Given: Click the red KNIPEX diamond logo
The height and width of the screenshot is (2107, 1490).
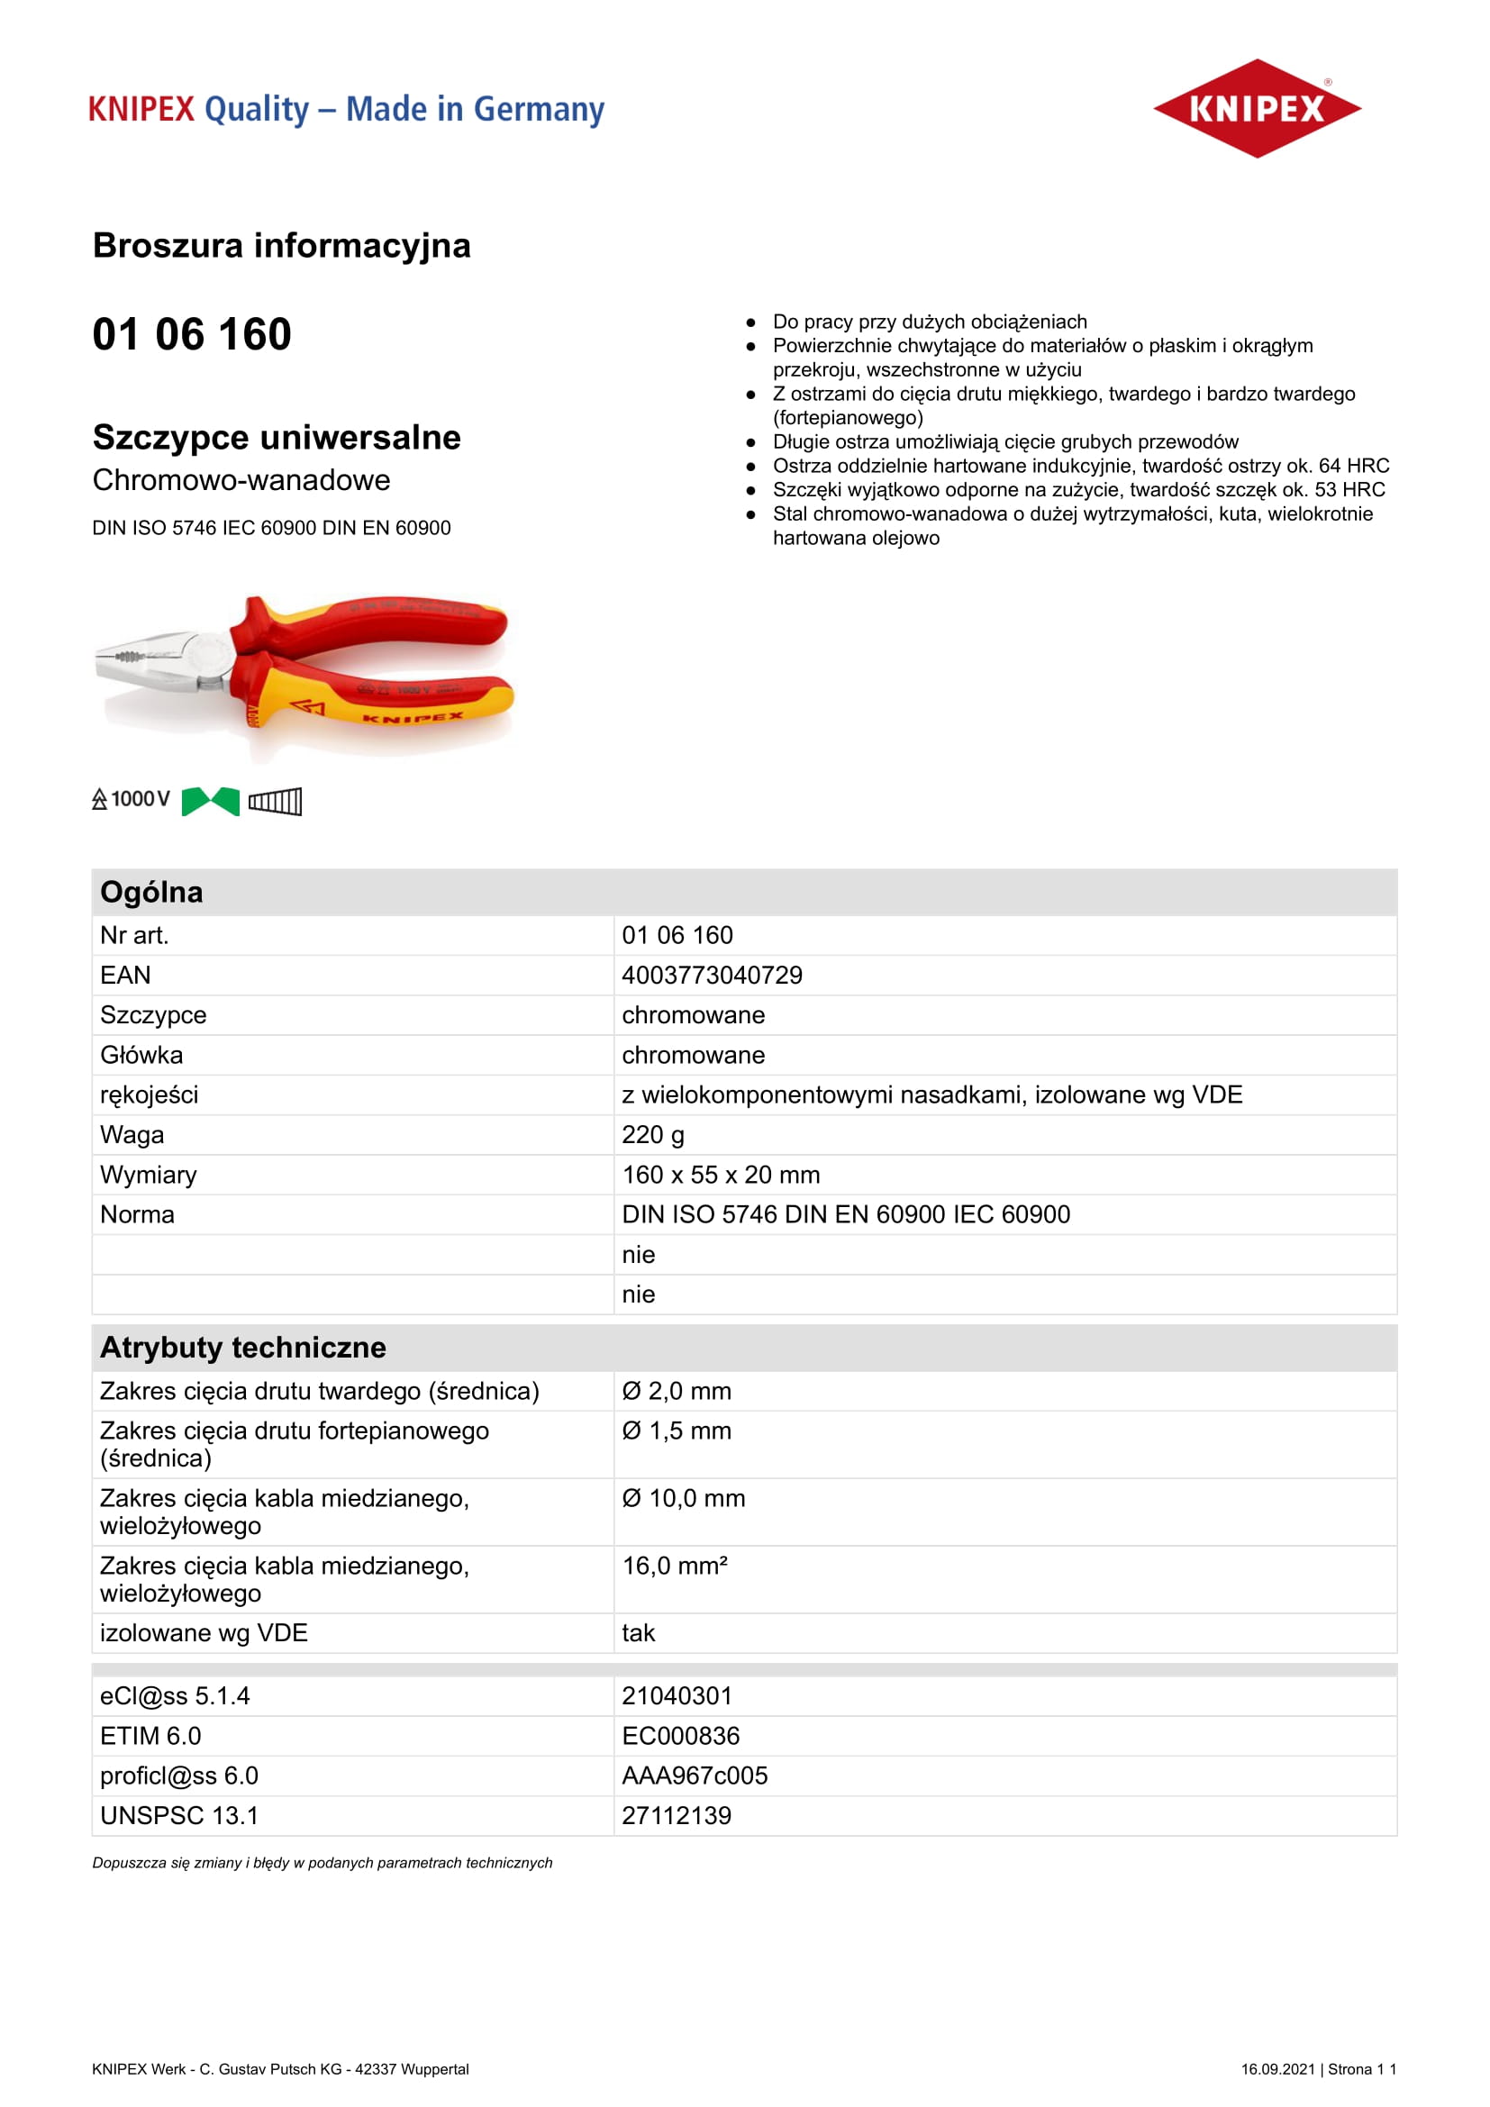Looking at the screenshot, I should (1256, 108).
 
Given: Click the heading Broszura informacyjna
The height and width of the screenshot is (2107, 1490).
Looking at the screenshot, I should (281, 246).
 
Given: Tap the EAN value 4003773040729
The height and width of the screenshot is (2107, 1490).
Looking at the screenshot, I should (711, 975).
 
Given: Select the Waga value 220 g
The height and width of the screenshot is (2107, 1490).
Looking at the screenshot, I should (652, 1134).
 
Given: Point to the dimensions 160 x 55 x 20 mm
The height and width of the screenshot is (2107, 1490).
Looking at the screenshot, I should (721, 1175).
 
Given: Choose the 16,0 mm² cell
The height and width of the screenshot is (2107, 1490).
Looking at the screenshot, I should (675, 1566).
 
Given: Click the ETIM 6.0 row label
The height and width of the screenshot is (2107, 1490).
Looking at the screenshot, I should (150, 1735).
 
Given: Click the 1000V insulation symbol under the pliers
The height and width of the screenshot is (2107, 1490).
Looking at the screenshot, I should (132, 799).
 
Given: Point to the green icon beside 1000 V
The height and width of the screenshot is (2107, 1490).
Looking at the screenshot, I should (210, 801).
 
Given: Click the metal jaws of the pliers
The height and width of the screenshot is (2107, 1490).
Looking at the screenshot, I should (147, 660).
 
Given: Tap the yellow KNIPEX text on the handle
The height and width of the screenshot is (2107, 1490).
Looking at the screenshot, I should (413, 717).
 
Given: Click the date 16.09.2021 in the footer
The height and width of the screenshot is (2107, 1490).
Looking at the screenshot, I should (1277, 2068).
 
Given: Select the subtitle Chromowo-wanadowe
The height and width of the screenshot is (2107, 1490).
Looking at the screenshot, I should (241, 480).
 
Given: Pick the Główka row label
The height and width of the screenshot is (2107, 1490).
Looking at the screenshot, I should (141, 1055).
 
